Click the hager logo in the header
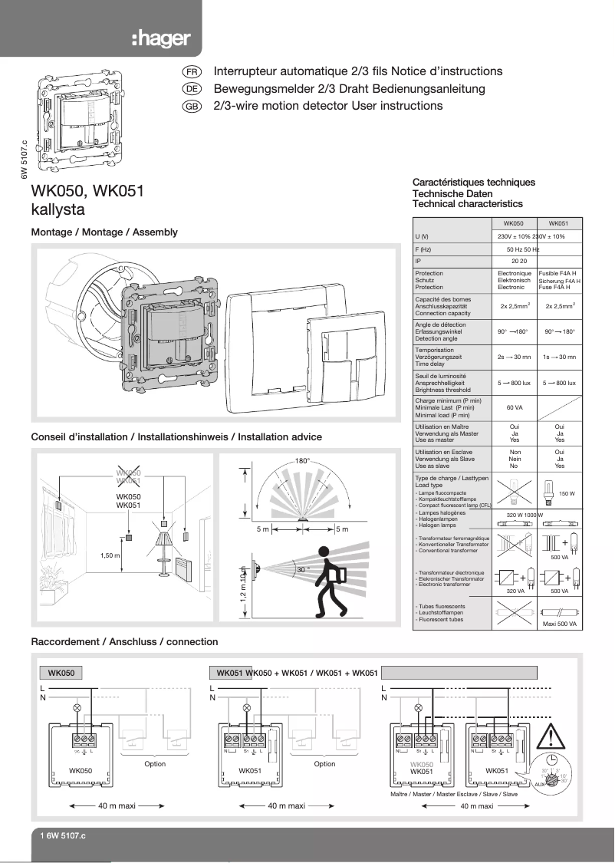160,39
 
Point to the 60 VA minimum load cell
514,407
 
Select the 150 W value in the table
567,493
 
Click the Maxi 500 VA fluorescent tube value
559,624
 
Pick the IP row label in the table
418,261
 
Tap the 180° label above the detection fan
301,461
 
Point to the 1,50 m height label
111,554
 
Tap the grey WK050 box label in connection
61,673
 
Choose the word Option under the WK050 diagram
155,763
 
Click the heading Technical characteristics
467,204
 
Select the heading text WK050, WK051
87,191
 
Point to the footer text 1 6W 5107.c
64,835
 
